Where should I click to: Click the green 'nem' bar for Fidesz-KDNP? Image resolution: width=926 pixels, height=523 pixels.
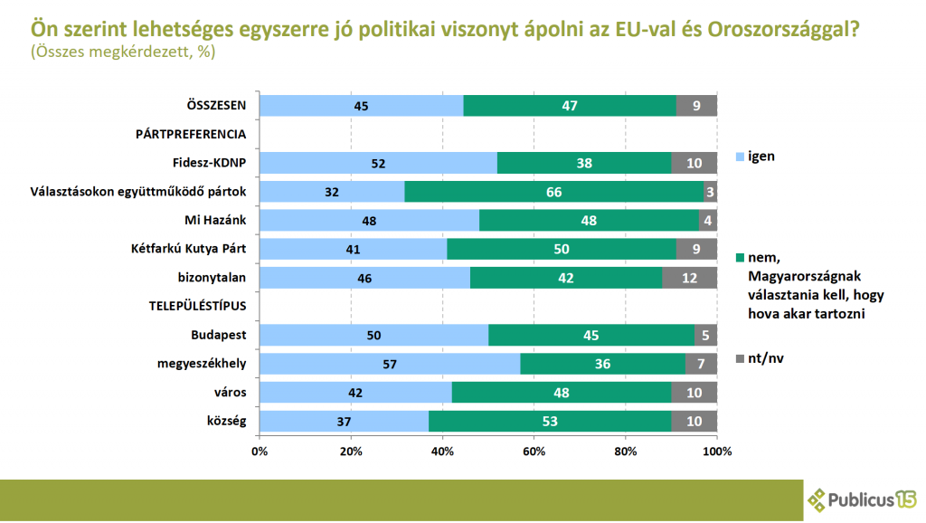point(584,163)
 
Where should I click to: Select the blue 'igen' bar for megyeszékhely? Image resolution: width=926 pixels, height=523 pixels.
point(390,364)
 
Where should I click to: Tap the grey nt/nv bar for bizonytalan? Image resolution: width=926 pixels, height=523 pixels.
point(689,277)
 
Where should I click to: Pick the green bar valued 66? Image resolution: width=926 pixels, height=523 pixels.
point(553,192)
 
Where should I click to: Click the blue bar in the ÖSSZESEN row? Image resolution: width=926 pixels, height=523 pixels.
point(362,105)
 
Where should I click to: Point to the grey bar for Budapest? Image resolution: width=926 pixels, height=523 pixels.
point(705,335)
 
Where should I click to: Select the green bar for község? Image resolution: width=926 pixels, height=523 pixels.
point(550,421)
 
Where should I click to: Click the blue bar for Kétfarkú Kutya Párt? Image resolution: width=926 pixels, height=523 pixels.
point(354,249)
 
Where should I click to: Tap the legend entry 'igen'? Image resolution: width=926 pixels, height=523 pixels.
point(761,156)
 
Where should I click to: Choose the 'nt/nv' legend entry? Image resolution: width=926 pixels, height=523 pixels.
point(767,358)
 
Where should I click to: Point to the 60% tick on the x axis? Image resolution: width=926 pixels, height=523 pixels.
point(534,450)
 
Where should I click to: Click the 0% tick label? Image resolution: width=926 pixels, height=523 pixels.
point(260,450)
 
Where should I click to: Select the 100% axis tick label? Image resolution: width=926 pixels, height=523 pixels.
point(716,450)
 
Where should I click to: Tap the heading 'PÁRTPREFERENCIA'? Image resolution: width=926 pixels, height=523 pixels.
point(191,134)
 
